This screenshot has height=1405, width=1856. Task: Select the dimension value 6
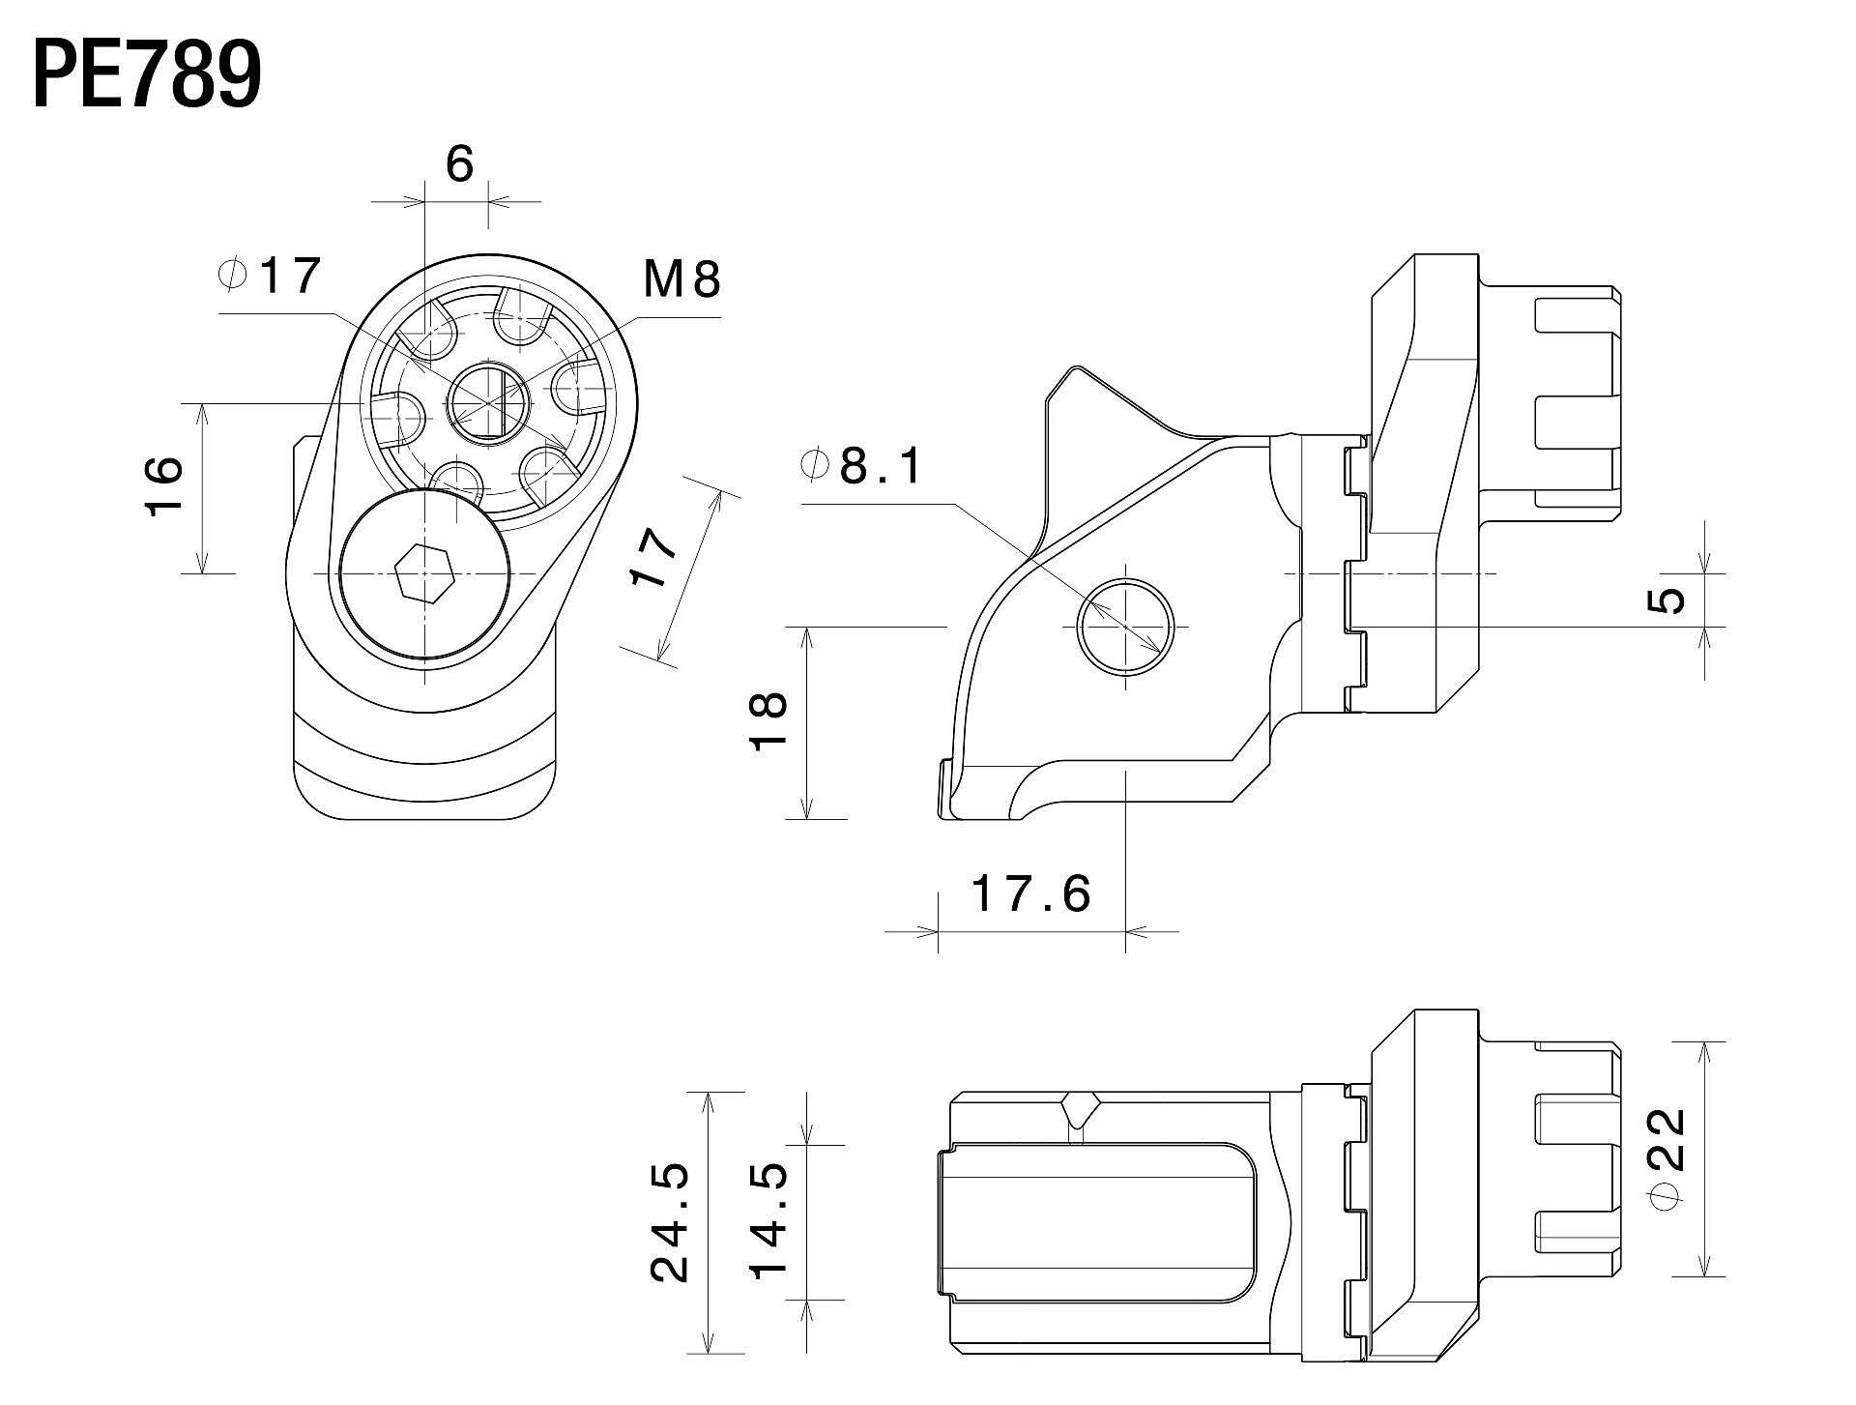coord(460,164)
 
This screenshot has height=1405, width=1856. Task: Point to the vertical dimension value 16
coord(165,486)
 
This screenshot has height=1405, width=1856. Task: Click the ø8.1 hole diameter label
coord(862,467)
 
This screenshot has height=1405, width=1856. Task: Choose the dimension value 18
coord(770,721)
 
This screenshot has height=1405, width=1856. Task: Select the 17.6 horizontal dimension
coord(1030,893)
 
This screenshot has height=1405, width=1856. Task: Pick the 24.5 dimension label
coord(671,1222)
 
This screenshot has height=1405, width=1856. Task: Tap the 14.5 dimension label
coord(770,1222)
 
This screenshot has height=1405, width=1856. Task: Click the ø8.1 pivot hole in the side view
coord(1126,626)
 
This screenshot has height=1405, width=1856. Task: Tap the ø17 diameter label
coord(271,277)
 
